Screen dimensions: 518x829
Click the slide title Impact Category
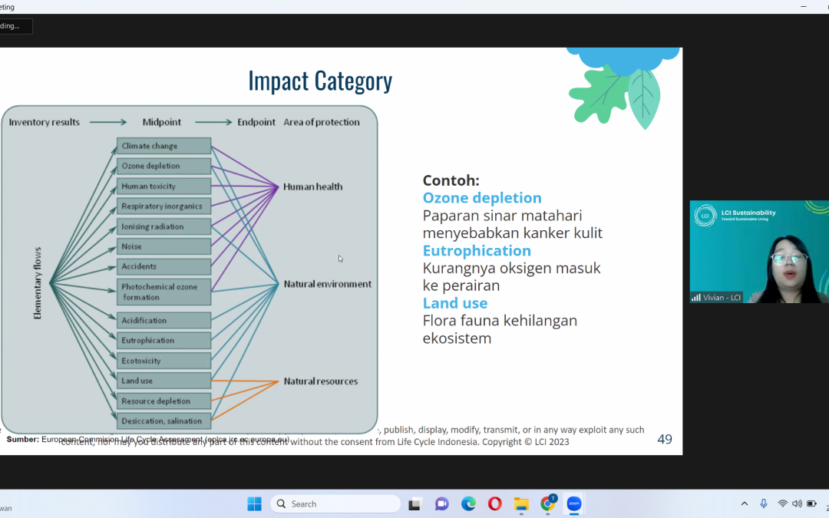320,81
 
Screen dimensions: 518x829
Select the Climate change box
163,146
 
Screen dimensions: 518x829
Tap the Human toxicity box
163,186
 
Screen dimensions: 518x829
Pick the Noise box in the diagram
163,246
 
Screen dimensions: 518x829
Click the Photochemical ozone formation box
163,292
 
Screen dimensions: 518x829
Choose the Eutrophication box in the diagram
163,341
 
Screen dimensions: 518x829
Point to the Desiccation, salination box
163,421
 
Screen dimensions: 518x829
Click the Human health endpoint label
312,186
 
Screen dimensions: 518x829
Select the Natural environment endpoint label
327,284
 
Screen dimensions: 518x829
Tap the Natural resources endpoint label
320,381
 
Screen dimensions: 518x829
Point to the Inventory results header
44,122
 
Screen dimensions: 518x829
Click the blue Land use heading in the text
455,303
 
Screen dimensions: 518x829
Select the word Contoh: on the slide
451,180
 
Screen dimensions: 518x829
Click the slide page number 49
665,439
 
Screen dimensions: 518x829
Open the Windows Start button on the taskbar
254,503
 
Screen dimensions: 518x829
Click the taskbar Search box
335,503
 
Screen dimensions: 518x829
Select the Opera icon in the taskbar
495,503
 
